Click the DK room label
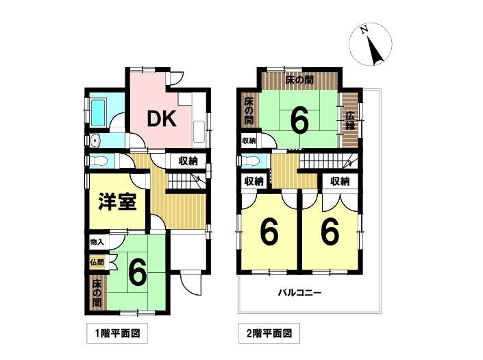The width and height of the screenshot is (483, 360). point(162,119)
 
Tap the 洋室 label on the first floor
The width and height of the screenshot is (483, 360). point(117,202)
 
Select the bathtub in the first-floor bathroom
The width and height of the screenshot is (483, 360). point(99,112)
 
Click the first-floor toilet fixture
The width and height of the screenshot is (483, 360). point(98,160)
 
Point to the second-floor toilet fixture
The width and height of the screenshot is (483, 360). point(250,160)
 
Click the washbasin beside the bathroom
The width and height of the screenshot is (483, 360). point(96,141)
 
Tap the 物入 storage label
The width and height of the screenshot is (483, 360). point(97,242)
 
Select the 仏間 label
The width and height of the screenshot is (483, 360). point(97,263)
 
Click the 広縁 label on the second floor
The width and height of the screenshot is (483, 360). point(350,121)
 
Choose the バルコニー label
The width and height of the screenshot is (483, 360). point(299,292)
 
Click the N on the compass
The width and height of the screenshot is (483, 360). point(365,30)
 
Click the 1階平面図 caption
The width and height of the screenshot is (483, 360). point(117,333)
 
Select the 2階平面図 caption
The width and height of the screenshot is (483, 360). point(269,333)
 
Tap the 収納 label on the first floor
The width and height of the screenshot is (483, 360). point(188,160)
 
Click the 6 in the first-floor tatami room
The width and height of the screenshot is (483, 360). point(138,272)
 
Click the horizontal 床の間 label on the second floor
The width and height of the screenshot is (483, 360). point(299,80)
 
